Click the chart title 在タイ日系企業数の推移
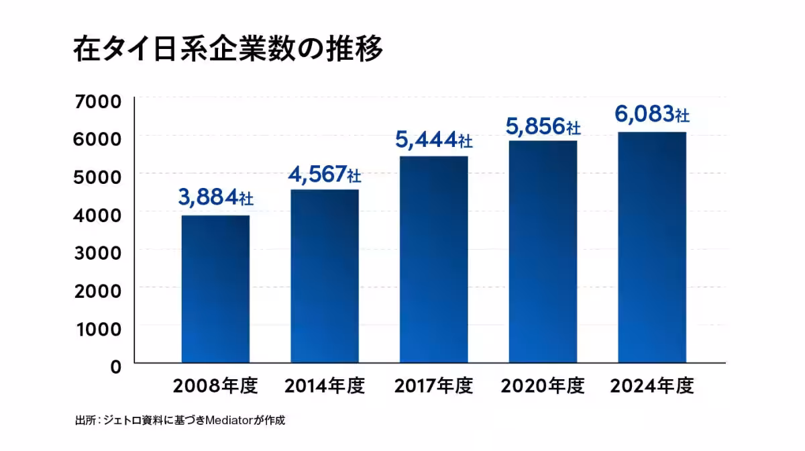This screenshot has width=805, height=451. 227,51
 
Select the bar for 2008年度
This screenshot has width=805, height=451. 215,289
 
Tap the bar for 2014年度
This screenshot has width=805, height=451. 324,276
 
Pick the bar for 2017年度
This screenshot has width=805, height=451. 433,259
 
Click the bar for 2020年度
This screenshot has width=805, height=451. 543,251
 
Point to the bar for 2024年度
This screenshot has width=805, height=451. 651,247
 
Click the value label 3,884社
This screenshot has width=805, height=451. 215,197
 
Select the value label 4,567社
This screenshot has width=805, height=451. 325,174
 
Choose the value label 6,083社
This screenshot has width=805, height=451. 651,115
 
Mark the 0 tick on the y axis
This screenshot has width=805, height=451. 115,366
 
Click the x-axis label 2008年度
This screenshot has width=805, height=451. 215,387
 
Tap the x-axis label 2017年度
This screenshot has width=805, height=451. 433,387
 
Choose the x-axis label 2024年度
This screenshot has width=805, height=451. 651,387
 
